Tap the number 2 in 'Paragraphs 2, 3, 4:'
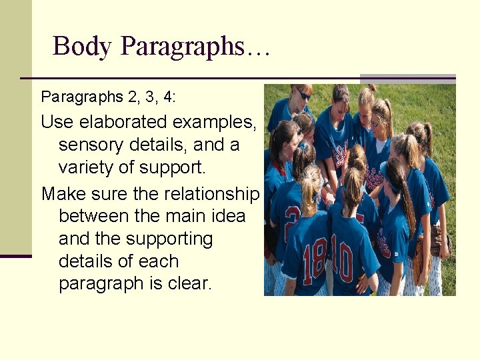coord(129,97)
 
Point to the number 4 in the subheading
coord(167,97)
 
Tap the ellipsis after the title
coord(257,48)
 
